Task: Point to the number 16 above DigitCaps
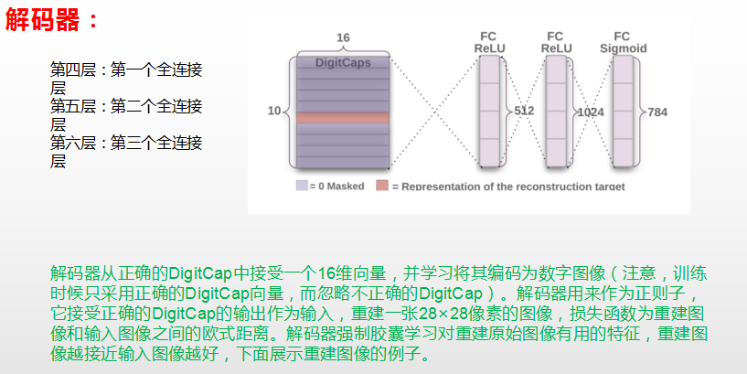tap(343, 37)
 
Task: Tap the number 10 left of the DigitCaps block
tap(274, 112)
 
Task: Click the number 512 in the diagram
tap(524, 111)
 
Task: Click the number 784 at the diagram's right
tap(657, 112)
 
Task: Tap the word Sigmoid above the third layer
tap(623, 48)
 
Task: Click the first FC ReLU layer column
tap(491, 111)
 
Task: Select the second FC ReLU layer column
tap(557, 111)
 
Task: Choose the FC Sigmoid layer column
tap(624, 111)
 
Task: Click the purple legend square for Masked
tap(301, 186)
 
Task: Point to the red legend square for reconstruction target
tap(382, 186)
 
